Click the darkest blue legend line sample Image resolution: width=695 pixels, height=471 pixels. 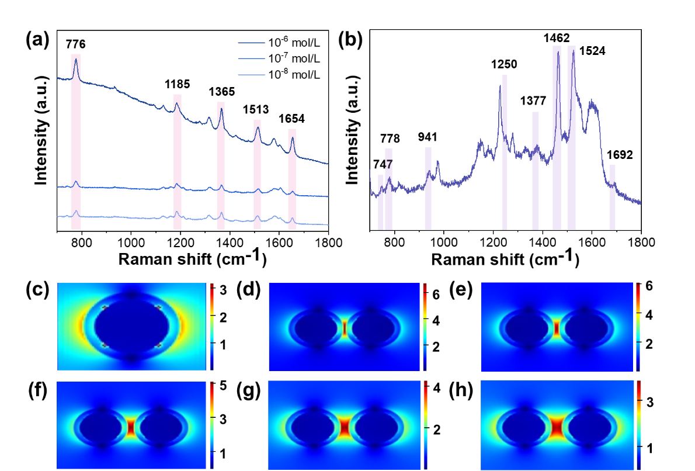(252, 43)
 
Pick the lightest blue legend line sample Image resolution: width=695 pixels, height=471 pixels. (252, 75)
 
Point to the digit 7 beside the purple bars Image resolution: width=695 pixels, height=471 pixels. (389, 165)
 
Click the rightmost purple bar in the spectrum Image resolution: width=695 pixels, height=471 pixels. (613, 197)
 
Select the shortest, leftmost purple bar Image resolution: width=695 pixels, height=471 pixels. (380, 202)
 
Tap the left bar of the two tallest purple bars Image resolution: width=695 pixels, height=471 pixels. (557, 137)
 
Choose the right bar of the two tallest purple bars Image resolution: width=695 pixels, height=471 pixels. (572, 137)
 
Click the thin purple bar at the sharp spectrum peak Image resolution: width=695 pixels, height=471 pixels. (505, 152)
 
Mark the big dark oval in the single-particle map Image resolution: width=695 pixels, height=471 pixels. (132, 326)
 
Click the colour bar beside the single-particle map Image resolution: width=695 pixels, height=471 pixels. (211, 327)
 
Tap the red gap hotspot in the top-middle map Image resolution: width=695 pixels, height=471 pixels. (345, 328)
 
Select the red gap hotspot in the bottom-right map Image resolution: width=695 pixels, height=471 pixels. (556, 426)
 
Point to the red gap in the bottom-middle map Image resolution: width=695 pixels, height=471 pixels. (345, 426)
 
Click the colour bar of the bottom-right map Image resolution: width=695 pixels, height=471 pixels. (639, 425)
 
